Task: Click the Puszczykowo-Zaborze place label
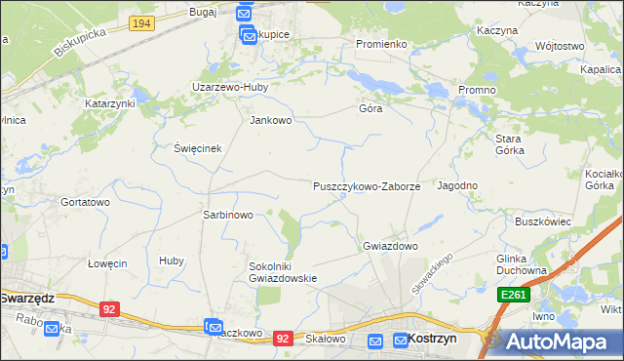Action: click(366, 185)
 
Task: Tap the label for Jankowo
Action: click(271, 121)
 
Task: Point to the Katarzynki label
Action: click(109, 102)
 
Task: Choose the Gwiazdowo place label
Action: click(390, 246)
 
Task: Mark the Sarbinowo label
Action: click(227, 215)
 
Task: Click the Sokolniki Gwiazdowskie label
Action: click(283, 271)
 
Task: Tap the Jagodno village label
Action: click(457, 185)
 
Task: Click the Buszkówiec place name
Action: click(542, 221)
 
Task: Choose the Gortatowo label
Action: click(85, 202)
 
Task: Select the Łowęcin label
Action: click(107, 263)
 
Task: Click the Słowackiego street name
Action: click(435, 272)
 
